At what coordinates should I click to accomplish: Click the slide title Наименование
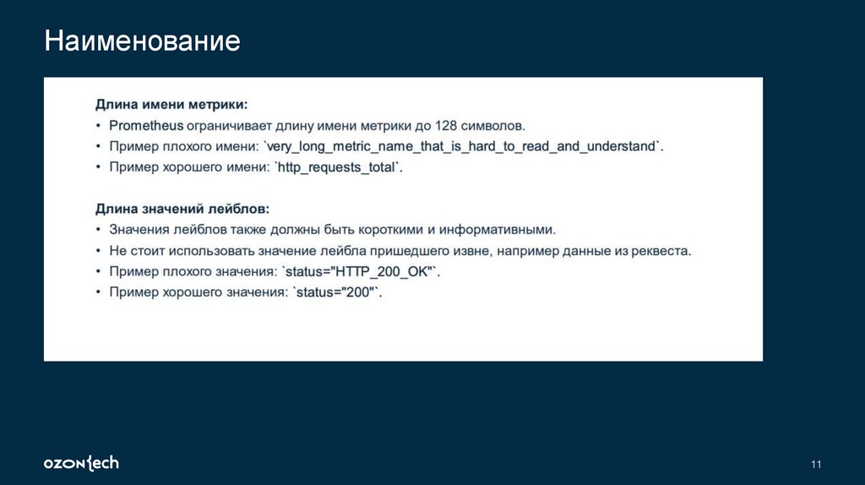point(143,41)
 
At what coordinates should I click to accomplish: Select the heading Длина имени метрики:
point(171,105)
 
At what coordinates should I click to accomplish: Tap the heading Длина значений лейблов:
point(182,208)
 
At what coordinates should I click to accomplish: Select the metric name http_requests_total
point(337,167)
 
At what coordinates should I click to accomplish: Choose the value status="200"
point(335,292)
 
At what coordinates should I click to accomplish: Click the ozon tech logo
point(81,463)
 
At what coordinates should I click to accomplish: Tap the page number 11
point(815,465)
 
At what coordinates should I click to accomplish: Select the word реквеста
point(664,251)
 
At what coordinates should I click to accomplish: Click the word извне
point(474,251)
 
